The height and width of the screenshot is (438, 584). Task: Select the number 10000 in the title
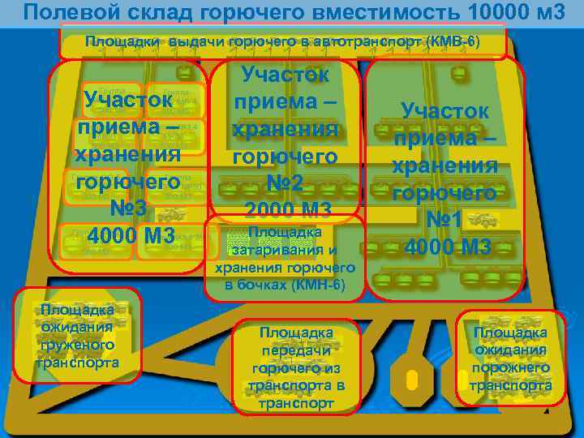tap(496, 11)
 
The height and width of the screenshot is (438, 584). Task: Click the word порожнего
tap(511, 367)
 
